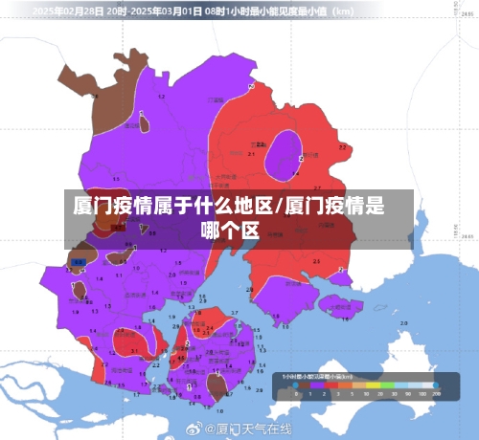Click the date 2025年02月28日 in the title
(70, 12)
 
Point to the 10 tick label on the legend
(357, 394)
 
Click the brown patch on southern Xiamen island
(217, 385)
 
